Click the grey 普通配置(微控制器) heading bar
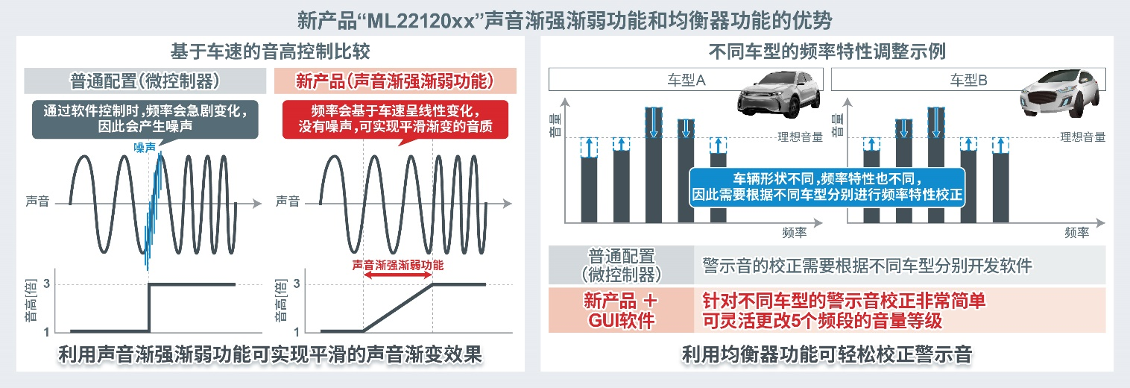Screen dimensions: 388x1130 pos(145,80)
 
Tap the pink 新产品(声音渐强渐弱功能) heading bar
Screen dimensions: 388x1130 pos(395,80)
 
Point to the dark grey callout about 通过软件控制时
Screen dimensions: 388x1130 pos(145,118)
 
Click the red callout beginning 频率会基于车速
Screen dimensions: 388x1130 pos(395,118)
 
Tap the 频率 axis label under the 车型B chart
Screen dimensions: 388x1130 pos(1077,233)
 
